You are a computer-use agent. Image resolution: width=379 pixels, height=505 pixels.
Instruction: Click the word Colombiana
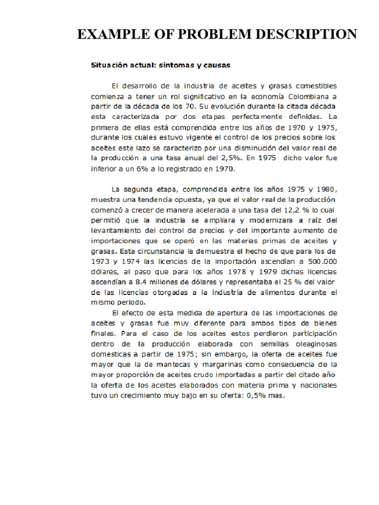click(x=304, y=96)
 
